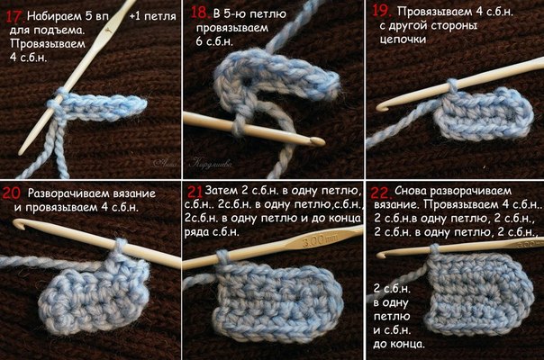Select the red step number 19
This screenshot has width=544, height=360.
pos(382,11)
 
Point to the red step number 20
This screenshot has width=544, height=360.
pos(12,193)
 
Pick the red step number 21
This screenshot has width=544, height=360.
pos(195,191)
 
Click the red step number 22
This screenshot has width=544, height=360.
pos(381,193)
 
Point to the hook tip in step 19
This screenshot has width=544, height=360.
pos(382,106)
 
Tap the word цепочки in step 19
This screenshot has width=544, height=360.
pos(403,40)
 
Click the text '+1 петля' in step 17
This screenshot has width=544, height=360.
pos(152,16)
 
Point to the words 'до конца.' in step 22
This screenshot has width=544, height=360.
pos(399,344)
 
